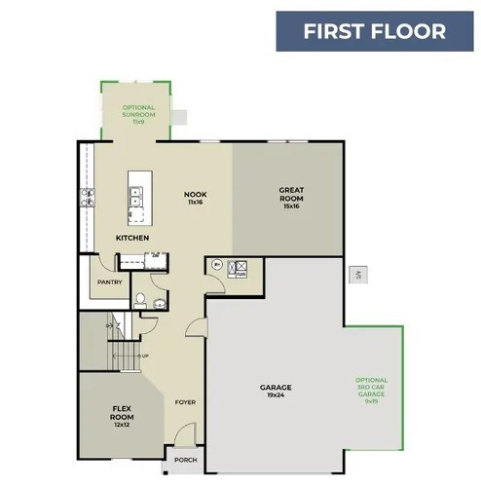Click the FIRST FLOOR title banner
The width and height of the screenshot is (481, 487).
[374, 31]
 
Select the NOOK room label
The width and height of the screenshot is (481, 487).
[196, 195]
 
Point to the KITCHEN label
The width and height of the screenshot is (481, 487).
[131, 238]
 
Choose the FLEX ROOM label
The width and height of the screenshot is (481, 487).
[121, 411]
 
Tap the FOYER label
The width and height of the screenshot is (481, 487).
[185, 401]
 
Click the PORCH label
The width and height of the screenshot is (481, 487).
[184, 461]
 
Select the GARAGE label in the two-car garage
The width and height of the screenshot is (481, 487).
[276, 387]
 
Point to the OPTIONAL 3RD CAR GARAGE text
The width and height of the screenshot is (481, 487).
[371, 389]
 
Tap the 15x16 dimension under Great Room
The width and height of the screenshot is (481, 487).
[290, 206]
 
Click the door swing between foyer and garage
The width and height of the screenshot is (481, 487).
[195, 329]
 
